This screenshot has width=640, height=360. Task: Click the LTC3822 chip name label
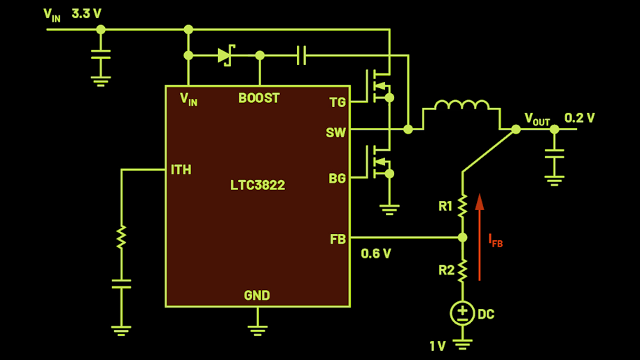click(258, 186)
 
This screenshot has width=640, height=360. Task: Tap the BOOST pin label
click(259, 98)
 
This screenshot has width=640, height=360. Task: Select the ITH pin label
click(181, 169)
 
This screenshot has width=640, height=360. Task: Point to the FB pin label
click(338, 240)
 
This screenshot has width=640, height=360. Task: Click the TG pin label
click(338, 102)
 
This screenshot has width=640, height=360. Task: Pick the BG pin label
click(337, 178)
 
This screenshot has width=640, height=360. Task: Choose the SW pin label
click(335, 132)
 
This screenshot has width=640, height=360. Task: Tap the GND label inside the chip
click(257, 295)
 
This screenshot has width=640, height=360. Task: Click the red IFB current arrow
click(480, 237)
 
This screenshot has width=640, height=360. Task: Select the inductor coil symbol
click(462, 105)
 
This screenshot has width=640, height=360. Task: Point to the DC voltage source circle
click(462, 314)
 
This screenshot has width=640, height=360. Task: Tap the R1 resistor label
click(445, 206)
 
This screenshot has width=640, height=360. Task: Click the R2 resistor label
click(447, 270)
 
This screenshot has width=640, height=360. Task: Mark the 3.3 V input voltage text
click(87, 14)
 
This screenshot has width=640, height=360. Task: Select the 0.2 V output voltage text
click(580, 118)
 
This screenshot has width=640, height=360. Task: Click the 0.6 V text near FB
click(376, 254)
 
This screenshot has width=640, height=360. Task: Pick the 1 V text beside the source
click(438, 347)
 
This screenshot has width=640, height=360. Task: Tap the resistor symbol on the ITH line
click(121, 237)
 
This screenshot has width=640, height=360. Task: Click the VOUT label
click(537, 119)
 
